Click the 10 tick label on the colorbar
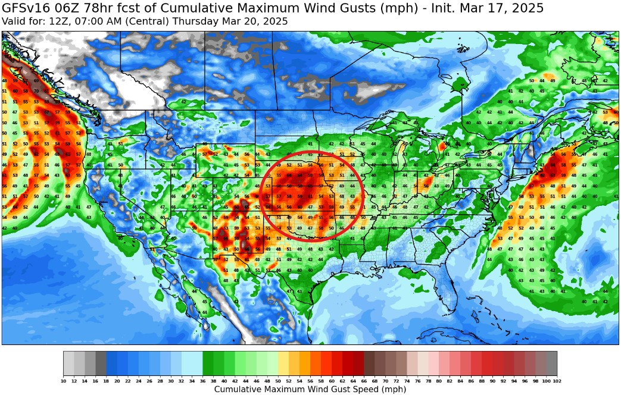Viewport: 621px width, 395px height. pos(64,381)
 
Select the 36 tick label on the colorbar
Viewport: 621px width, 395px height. pos(203,381)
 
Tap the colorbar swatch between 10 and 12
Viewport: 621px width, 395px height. pos(69,362)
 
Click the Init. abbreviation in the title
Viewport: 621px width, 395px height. pos(454,8)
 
